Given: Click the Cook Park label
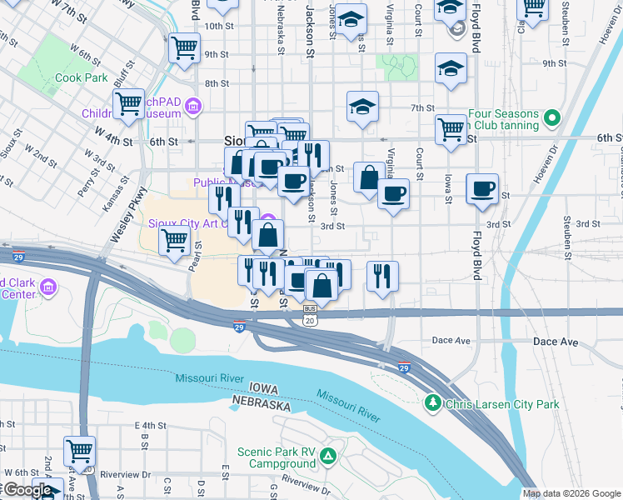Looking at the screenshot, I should click(x=82, y=77).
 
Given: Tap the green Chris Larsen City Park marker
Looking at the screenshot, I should click(x=432, y=404).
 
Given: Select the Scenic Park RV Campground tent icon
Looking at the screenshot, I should click(x=329, y=456).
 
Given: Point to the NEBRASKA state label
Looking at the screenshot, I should click(x=261, y=405).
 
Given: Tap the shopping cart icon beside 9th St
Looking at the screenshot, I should click(x=184, y=47).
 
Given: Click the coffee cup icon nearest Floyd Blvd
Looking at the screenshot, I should click(x=481, y=189).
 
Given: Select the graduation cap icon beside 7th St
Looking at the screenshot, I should click(x=363, y=107).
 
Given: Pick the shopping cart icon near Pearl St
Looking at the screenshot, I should click(x=174, y=240).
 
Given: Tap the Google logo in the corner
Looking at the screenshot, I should click(x=28, y=490).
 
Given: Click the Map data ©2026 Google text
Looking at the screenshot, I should click(x=571, y=493).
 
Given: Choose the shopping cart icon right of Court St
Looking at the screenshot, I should click(x=451, y=129).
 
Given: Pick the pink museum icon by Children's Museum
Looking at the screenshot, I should click(x=194, y=106).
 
